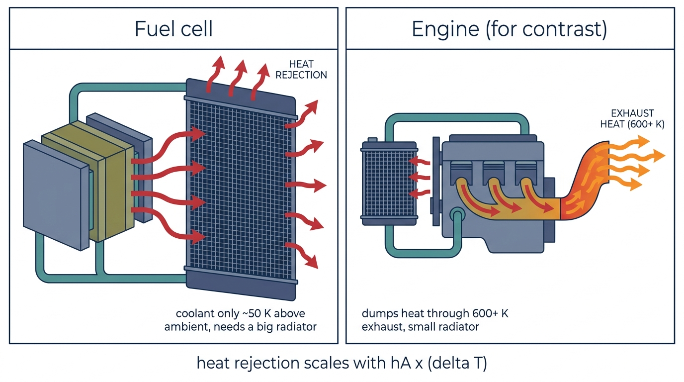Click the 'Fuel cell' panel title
[x=173, y=29]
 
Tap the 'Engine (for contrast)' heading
[x=510, y=29]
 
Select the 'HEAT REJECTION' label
[x=301, y=70]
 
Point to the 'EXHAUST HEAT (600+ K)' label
[x=632, y=119]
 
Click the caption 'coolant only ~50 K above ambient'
[x=240, y=320]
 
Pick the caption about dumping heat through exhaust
[x=435, y=320]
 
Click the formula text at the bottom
[x=342, y=363]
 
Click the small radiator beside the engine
[x=389, y=184]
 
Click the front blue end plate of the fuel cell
[x=57, y=195]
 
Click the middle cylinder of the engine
[x=494, y=173]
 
